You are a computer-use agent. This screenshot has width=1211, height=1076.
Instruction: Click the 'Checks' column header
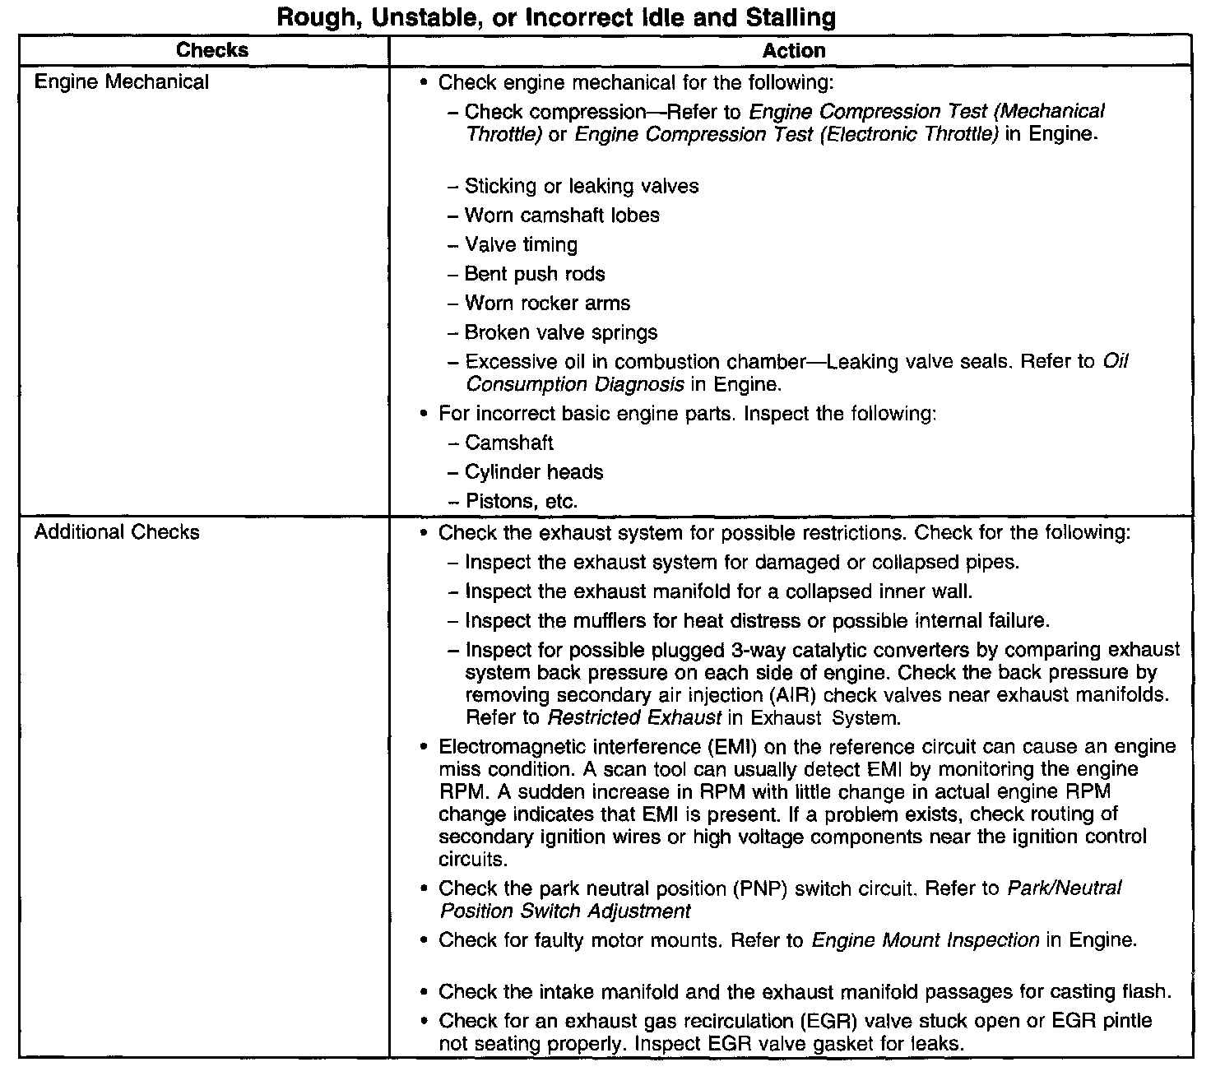click(212, 50)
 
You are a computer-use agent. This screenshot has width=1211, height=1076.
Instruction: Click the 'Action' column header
click(793, 51)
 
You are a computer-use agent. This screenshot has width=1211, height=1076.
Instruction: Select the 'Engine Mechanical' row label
click(122, 82)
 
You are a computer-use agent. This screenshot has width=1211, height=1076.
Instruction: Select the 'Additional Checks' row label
click(117, 532)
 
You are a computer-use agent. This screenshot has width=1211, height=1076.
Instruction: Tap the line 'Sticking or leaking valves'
click(581, 186)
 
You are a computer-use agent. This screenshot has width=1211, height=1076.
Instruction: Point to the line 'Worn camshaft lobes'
click(561, 216)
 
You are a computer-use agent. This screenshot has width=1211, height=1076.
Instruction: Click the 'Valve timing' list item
click(521, 245)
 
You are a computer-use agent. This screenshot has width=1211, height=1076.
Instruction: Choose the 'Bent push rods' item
click(534, 274)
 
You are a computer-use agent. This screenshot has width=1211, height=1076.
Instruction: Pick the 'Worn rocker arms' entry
click(547, 304)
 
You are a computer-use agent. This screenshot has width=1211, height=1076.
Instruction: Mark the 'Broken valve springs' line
click(560, 333)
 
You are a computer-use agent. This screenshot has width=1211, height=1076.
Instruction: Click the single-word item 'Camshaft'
click(508, 443)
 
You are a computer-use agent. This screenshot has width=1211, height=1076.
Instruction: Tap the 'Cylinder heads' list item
click(533, 472)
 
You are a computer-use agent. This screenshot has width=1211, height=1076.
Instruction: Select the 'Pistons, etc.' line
click(521, 501)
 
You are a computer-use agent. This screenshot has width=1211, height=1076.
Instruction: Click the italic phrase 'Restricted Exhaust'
click(634, 717)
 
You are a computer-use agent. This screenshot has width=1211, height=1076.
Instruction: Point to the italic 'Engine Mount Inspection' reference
click(925, 940)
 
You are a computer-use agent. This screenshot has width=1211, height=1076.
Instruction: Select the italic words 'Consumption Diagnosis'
click(574, 384)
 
